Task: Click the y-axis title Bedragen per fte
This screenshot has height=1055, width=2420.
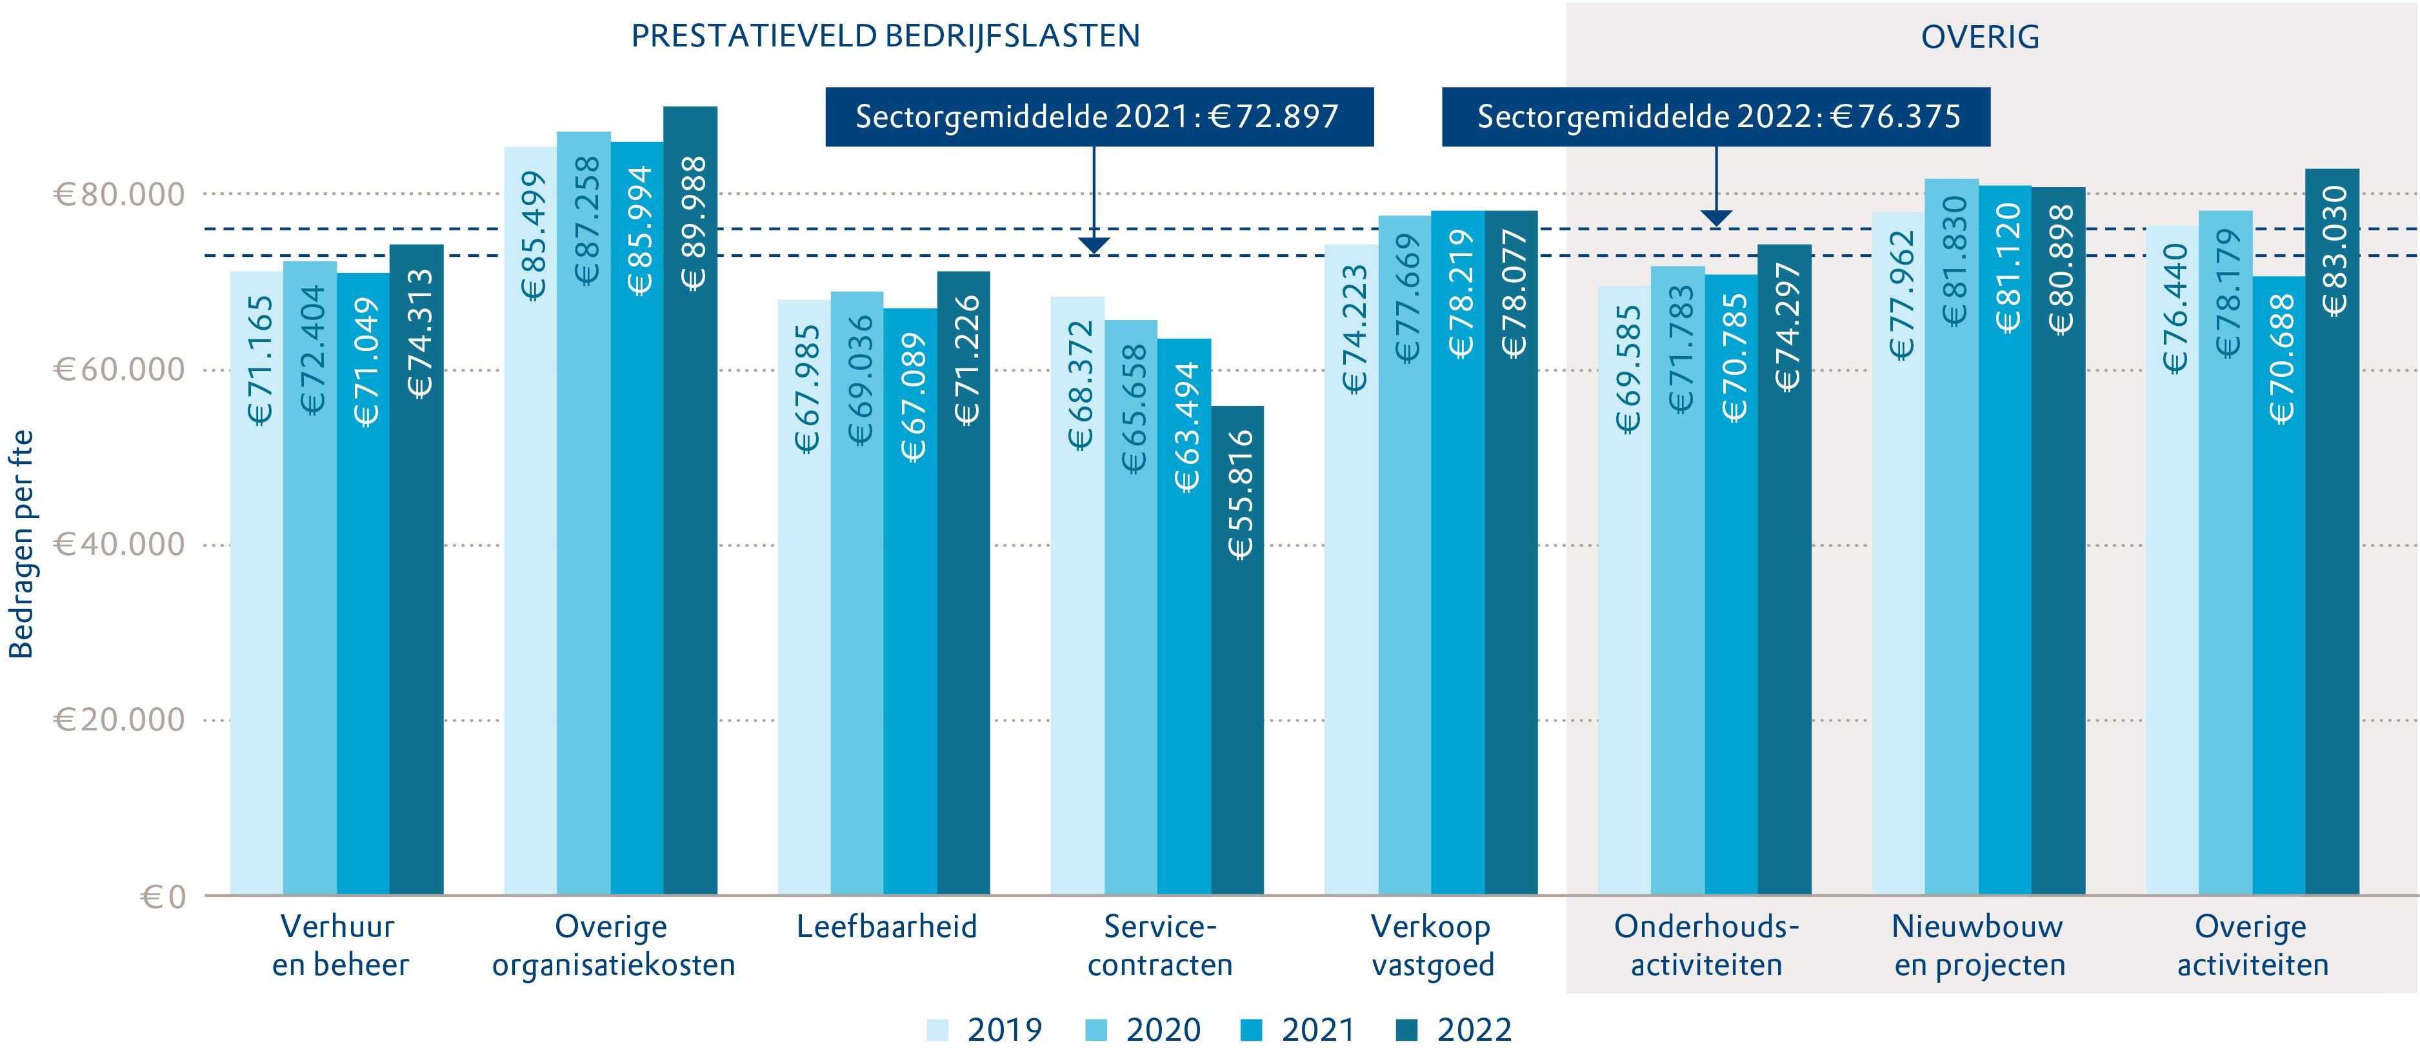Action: point(21,545)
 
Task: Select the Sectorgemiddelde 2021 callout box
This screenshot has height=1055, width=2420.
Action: point(1099,117)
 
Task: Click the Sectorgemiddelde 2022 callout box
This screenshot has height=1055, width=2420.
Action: point(1715,117)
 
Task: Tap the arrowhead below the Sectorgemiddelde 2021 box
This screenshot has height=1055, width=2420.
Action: point(1094,246)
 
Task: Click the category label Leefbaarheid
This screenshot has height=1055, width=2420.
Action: point(886,927)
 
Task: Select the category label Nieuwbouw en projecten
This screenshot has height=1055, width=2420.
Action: point(1979,946)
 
